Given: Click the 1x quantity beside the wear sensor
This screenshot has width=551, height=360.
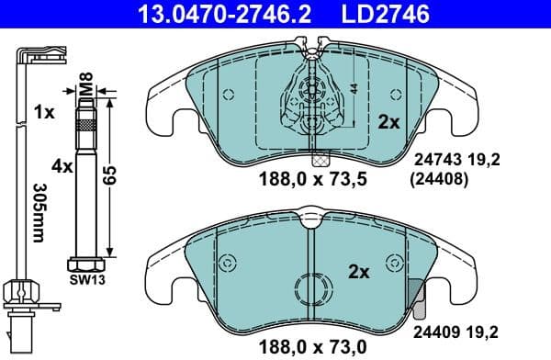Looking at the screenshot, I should pyautogui.click(x=43, y=113).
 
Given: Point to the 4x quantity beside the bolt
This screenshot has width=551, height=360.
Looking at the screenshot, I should pyautogui.click(x=62, y=166).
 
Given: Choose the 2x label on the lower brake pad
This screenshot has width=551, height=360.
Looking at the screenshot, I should pyautogui.click(x=358, y=272).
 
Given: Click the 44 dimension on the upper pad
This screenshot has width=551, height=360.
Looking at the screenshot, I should pyautogui.click(x=352, y=90).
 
